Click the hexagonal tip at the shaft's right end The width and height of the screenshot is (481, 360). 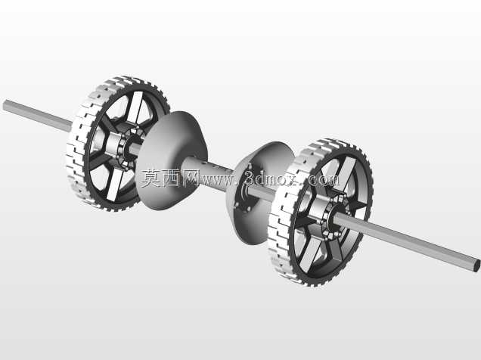pyautogui.click(x=476, y=264)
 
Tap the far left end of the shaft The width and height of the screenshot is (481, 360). pyautogui.click(x=5, y=105)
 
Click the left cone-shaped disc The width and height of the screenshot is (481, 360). pyautogui.click(x=170, y=160)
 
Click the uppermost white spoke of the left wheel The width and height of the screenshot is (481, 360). pyautogui.click(x=135, y=107)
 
